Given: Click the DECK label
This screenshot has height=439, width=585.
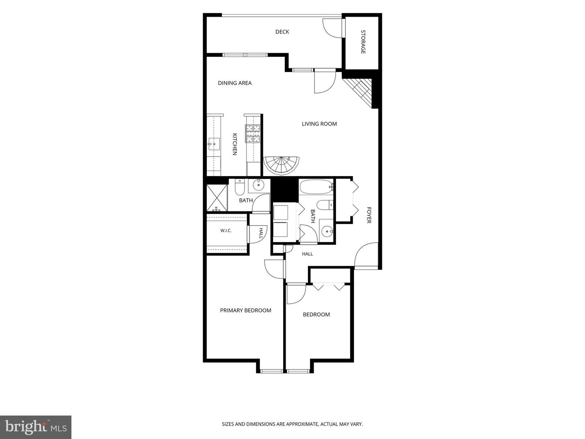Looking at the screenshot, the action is (x=282, y=32).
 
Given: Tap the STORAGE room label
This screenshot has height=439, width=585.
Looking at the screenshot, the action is (x=363, y=42).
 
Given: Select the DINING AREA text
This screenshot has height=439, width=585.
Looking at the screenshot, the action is (x=234, y=83).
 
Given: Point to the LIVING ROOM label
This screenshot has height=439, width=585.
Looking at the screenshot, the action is (x=319, y=124).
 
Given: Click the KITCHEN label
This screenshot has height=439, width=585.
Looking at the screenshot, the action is (x=234, y=144).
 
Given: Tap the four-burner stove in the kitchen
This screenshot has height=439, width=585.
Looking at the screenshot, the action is (x=253, y=134).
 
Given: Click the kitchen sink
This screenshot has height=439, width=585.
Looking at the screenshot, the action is (x=214, y=144).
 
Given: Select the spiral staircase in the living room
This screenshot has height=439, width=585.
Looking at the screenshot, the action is (x=281, y=165).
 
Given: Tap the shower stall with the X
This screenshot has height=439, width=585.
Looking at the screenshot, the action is (x=217, y=198).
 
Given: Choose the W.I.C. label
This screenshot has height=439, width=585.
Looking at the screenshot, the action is (x=226, y=230).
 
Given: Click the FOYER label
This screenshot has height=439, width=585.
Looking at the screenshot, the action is (x=369, y=215).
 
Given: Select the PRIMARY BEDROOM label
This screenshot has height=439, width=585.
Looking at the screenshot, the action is (x=245, y=310).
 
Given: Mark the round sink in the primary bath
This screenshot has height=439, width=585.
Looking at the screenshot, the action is (x=258, y=185).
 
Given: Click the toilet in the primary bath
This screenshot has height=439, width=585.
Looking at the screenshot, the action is (x=239, y=187).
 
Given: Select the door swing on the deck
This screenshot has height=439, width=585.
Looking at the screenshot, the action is (x=332, y=28).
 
